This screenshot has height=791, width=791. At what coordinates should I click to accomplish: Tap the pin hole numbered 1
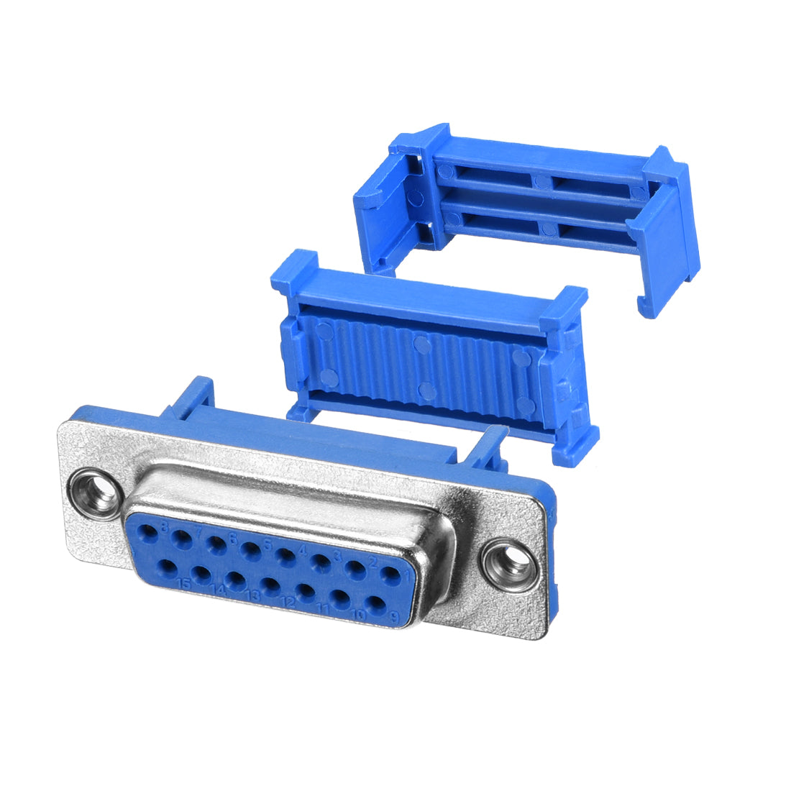pos(390,575)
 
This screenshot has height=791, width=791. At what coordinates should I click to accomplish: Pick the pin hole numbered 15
pos(167,569)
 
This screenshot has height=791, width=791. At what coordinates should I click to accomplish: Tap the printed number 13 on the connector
pos(253,595)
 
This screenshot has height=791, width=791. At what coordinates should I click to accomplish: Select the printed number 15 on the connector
pos(184,582)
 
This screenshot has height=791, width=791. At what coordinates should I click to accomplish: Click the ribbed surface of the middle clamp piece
pos(424,367)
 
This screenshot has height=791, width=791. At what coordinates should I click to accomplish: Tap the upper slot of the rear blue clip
pos(539,180)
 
